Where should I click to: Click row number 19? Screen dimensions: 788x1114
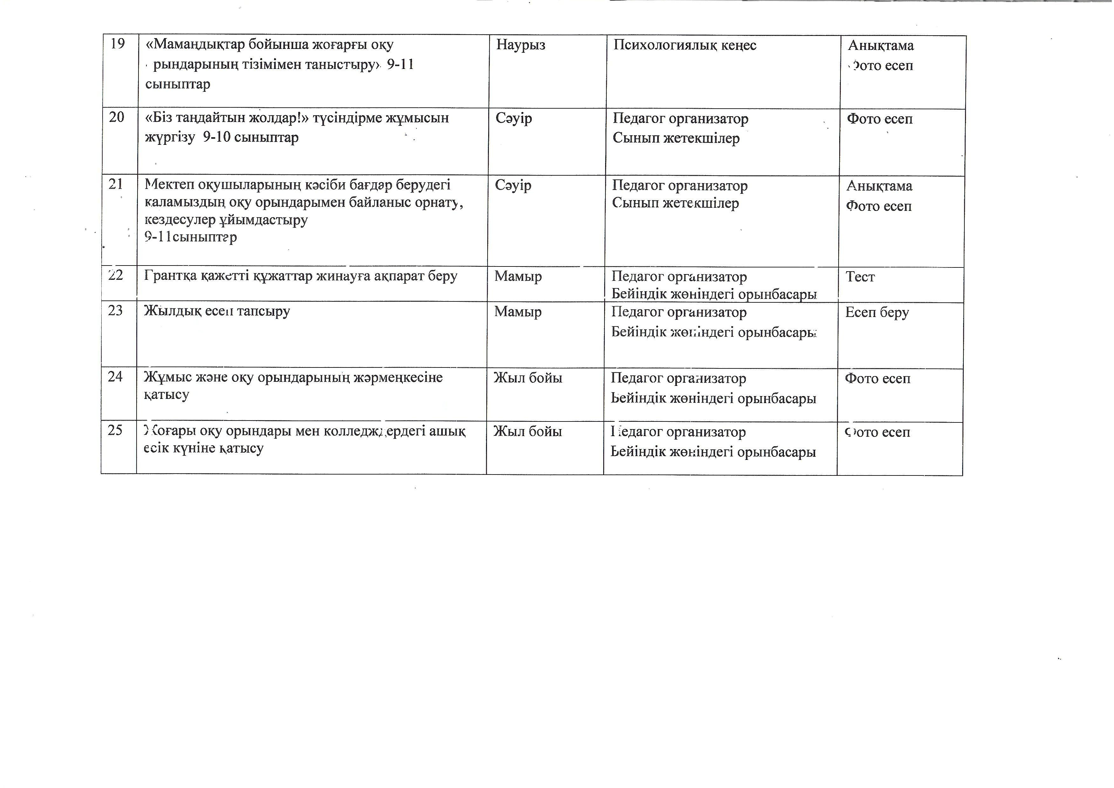coord(118,44)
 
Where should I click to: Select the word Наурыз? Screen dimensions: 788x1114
coord(521,45)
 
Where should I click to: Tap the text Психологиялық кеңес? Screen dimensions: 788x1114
coord(685,45)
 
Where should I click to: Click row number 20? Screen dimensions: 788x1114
coord(117,118)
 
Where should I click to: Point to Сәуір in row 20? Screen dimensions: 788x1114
coord(514,118)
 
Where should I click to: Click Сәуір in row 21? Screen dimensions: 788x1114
coord(513,185)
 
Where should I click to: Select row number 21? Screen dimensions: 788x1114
coord(116,185)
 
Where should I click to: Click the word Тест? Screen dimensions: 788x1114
coord(860,277)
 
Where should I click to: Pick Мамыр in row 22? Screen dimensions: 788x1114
coord(518,277)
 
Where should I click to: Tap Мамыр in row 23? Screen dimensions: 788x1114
coord(518,312)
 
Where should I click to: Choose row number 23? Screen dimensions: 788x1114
coord(116,311)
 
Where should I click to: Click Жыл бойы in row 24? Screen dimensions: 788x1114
coord(528,378)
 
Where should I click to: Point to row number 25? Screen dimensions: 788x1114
coord(115,430)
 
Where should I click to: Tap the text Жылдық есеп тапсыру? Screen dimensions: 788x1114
coord(217,311)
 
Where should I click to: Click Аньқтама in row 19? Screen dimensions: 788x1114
coord(881,46)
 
